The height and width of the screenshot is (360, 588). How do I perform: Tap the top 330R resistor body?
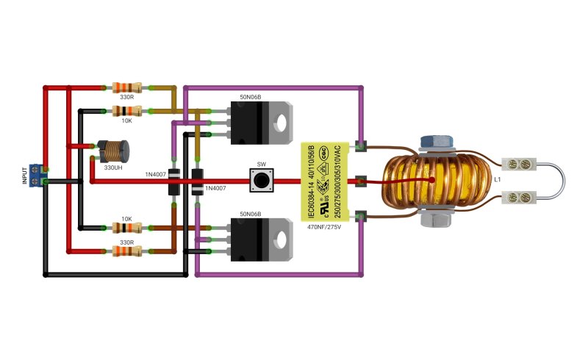(127, 87)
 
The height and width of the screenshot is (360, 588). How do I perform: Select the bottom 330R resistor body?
(127, 251)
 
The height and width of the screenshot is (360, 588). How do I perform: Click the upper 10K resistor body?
(127, 111)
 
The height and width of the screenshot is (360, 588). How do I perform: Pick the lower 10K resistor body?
(127, 228)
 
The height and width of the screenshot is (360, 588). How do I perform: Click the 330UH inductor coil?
(113, 151)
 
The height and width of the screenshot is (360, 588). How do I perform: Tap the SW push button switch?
(262, 181)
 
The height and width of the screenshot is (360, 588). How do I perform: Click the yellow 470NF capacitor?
(325, 181)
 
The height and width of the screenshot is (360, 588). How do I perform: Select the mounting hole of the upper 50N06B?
(281, 123)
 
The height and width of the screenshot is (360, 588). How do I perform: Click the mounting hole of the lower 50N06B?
(281, 240)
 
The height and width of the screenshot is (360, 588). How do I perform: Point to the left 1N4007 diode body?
(174, 182)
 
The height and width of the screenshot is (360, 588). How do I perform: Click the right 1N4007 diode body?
(197, 182)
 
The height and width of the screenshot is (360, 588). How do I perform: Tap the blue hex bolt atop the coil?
(437, 141)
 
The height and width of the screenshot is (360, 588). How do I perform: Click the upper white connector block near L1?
(520, 164)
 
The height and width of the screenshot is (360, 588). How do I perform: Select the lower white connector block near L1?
(520, 197)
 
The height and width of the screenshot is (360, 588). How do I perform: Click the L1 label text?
(498, 179)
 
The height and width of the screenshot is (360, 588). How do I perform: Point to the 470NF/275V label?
(324, 227)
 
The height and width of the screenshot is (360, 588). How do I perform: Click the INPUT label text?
(25, 176)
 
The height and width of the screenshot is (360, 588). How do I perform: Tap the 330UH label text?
(113, 168)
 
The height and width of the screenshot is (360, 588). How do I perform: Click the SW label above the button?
(262, 165)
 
